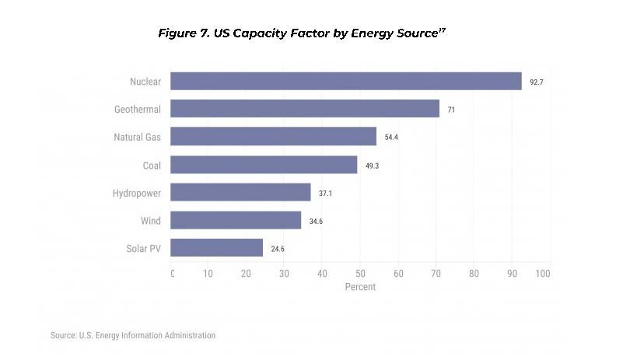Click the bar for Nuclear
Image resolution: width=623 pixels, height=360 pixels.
click(x=346, y=81)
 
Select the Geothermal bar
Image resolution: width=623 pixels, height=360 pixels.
click(x=305, y=109)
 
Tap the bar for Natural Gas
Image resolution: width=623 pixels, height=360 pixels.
click(x=273, y=137)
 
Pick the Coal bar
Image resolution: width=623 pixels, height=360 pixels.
click(x=264, y=165)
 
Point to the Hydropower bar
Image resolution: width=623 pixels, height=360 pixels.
click(x=240, y=192)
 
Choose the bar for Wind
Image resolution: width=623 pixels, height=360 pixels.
click(x=236, y=220)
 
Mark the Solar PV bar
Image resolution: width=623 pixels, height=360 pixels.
click(x=216, y=248)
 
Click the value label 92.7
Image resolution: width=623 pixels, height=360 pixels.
click(x=537, y=82)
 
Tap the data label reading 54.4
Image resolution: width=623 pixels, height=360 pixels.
click(x=391, y=138)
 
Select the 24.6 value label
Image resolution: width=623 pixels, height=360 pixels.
click(x=278, y=249)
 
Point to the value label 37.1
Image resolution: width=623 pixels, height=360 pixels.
click(x=325, y=193)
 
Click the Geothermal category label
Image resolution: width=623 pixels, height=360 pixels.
click(x=138, y=109)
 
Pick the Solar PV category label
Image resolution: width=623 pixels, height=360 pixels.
click(x=143, y=248)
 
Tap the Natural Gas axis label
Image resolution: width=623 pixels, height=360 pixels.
click(x=137, y=137)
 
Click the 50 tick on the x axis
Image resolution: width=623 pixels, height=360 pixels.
click(x=361, y=274)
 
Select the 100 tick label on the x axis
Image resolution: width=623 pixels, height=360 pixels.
click(x=543, y=274)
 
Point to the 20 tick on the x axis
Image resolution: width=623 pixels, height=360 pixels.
click(x=246, y=274)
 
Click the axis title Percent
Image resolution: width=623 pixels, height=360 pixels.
click(x=360, y=287)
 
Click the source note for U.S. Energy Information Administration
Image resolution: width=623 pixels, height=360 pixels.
click(x=133, y=335)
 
